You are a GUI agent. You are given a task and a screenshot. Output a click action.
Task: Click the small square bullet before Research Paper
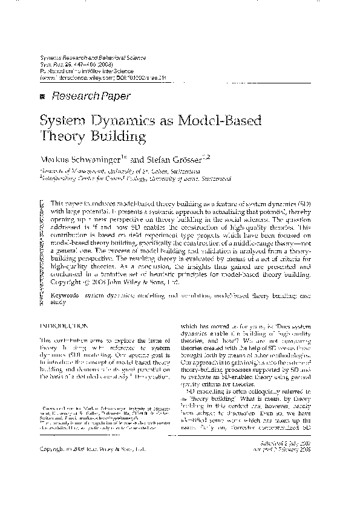[x=42, y=96]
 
